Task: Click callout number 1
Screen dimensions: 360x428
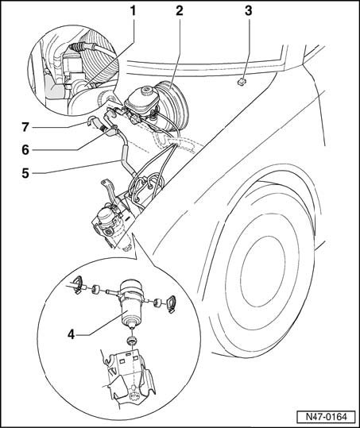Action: [133, 11]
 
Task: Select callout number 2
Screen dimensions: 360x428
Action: [179, 11]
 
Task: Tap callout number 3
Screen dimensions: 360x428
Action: [248, 11]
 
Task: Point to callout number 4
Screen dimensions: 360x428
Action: [71, 334]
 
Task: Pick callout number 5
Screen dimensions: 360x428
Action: [25, 173]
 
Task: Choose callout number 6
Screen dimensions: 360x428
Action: [25, 150]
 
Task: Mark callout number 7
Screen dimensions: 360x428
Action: [25, 127]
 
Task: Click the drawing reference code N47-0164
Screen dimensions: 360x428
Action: [326, 417]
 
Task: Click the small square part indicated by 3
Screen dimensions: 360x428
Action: [242, 82]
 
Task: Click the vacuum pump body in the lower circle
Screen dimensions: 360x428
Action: [131, 303]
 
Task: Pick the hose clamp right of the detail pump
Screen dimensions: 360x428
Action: [171, 303]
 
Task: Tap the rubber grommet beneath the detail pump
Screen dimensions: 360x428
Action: [133, 341]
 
